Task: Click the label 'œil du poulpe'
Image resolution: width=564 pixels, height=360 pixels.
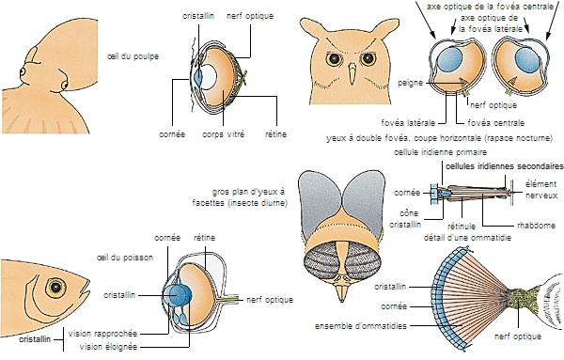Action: coord(133,56)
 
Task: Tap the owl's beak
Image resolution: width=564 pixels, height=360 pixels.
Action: coord(352,74)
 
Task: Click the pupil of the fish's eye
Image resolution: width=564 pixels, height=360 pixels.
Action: coord(55,287)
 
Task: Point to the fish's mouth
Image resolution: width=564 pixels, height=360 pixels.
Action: coord(86,288)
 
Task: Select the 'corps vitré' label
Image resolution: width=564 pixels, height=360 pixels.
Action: coord(223,134)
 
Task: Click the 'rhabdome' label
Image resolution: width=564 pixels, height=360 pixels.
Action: coord(536,226)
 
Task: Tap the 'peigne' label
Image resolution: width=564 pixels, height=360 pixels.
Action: coord(410,83)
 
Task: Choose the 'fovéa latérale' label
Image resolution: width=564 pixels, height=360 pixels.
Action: coord(408,123)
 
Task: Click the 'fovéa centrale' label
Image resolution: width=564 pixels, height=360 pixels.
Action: coord(496,123)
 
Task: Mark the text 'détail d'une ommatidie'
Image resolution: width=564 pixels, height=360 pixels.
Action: coord(467,238)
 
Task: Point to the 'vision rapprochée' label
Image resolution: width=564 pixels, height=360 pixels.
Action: coord(102,334)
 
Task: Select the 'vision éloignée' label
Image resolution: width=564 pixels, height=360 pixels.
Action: coord(108,347)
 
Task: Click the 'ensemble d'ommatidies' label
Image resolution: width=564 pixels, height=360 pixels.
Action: coord(361,326)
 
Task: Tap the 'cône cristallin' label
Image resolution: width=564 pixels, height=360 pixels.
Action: coord(405,219)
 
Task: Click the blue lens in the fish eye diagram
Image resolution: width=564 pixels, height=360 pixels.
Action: coord(179,295)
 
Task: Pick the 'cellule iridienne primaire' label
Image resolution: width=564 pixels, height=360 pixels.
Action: coord(440,152)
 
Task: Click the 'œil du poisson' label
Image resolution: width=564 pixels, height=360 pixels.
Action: coord(125,258)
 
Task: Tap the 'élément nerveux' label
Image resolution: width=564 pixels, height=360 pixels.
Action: coord(541,190)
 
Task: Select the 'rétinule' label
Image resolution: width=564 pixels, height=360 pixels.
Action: coord(462,227)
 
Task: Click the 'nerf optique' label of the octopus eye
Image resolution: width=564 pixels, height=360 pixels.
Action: coord(250,16)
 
